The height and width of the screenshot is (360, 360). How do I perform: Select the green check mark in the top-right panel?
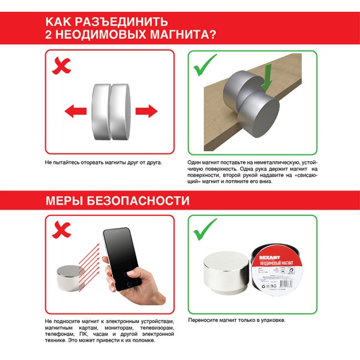click(204, 68)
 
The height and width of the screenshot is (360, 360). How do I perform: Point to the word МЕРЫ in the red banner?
click(65, 200)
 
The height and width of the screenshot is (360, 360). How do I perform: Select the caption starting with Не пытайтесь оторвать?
click(100, 163)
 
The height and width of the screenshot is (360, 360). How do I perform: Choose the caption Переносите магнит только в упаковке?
click(240, 320)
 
